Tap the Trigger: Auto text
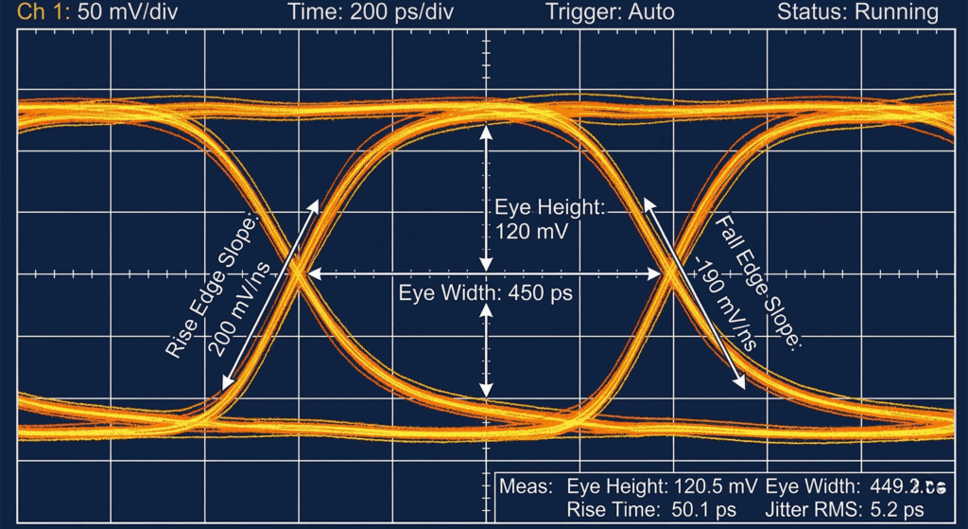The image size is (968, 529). (611, 12)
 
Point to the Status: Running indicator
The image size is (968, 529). (857, 12)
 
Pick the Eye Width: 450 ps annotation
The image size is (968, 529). (485, 292)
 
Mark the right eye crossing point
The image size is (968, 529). (669, 273)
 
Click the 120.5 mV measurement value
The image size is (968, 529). (715, 487)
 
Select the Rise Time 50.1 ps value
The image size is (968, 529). (714, 510)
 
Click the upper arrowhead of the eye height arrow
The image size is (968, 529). (486, 132)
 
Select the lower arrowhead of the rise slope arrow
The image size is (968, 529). (225, 382)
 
